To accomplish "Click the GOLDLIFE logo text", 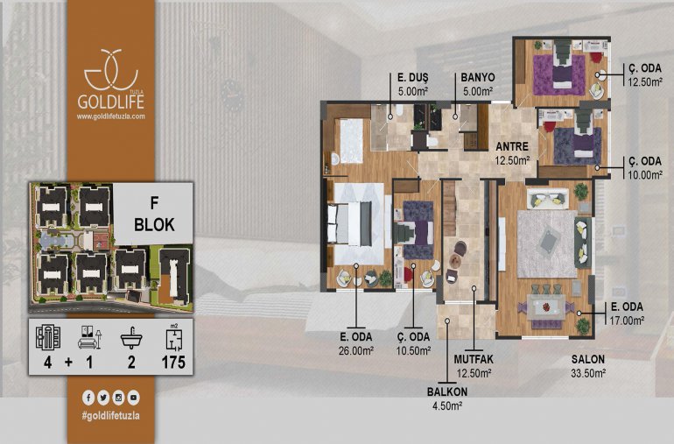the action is click(110, 102).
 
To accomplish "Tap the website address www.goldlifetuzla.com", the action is click(111, 116).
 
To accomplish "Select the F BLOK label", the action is click(154, 214).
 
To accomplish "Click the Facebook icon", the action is click(88, 398).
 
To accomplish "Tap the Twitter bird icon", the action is click(103, 398).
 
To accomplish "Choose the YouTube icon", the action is click(133, 398).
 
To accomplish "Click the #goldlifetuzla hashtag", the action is click(110, 416).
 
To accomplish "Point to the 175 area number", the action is click(173, 363).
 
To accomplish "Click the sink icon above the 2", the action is click(131, 338).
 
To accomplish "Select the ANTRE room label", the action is click(512, 147).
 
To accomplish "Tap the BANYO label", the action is click(478, 77).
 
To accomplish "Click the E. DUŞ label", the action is click(412, 77).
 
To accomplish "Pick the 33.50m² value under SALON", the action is click(588, 373).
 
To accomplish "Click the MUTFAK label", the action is click(474, 359).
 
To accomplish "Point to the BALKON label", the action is click(447, 392).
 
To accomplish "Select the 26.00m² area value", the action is click(356, 350).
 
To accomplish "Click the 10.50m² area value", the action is click(413, 350).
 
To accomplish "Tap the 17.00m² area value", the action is click(627, 321).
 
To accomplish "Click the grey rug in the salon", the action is click(547, 244).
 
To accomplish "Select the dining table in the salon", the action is click(546, 307).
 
